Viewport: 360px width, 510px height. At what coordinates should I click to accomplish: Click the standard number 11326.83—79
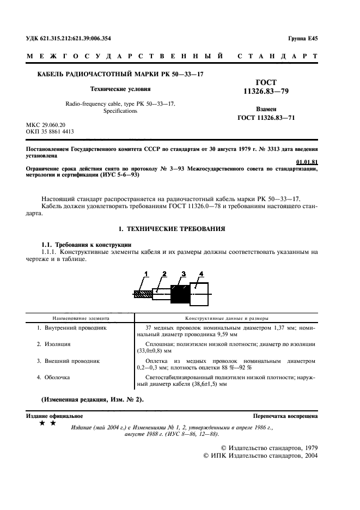point(264,93)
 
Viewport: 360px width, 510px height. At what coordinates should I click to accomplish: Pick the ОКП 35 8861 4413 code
point(50,131)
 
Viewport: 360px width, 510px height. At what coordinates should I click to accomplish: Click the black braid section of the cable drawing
point(179,294)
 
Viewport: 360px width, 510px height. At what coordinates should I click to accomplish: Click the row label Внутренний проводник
point(71,329)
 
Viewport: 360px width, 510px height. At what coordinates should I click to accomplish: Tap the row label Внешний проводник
point(68,361)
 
